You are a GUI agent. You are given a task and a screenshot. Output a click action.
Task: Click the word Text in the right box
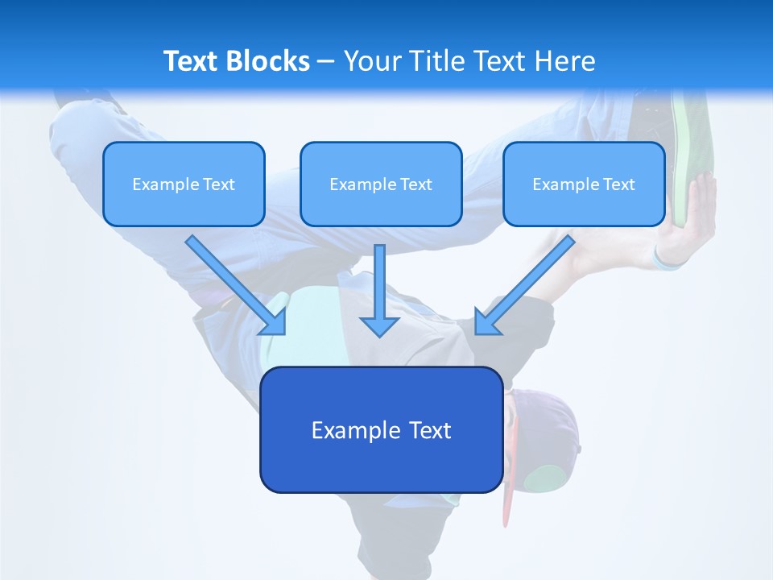point(619,184)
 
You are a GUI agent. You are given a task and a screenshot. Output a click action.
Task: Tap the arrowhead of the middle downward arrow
point(379,325)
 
